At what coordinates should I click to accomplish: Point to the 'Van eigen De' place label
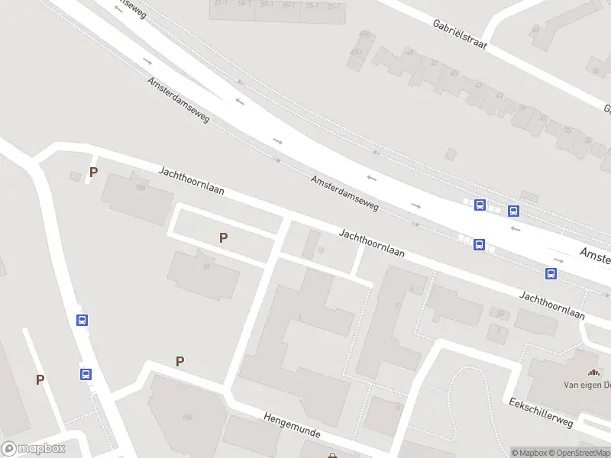point(587,385)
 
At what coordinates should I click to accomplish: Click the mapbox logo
point(33,449)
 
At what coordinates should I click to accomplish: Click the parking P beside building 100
point(93,173)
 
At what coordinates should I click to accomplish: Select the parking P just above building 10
point(223,238)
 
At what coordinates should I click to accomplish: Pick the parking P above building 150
point(180,362)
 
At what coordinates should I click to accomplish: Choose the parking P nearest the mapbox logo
point(40,379)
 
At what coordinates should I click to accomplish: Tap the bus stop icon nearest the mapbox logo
point(86,374)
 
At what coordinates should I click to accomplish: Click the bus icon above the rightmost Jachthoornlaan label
point(551,273)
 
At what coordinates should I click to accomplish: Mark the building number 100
point(140,188)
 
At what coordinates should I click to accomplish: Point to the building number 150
point(187,417)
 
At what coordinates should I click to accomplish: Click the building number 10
point(206,266)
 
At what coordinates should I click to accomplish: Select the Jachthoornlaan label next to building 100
point(191,180)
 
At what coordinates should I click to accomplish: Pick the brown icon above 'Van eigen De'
point(593,373)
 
